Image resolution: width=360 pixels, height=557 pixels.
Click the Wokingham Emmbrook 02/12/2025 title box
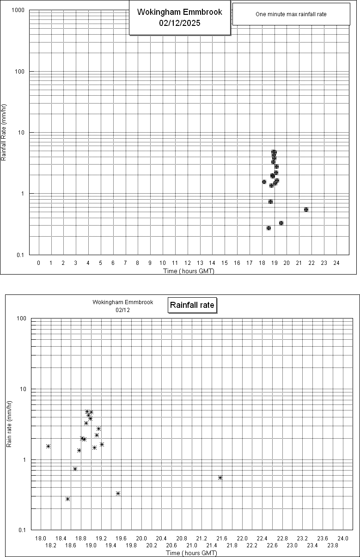(x=179, y=18)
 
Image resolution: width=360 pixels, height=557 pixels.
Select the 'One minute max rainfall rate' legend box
(x=291, y=14)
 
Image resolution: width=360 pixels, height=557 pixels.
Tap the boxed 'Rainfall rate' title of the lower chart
(x=192, y=305)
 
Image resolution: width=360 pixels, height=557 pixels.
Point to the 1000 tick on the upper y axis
(x=18, y=10)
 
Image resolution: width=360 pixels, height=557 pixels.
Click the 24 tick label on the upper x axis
(x=336, y=263)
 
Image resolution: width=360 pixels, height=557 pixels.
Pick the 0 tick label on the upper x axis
(x=38, y=263)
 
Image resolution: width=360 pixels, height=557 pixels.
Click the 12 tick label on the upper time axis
(x=188, y=263)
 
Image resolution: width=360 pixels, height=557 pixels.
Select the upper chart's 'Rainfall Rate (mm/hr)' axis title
(x=4, y=132)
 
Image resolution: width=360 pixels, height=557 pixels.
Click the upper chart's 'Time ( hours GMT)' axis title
(x=189, y=271)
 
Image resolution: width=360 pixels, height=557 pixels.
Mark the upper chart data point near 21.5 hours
(x=306, y=209)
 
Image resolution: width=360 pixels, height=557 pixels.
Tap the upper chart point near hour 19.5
(x=281, y=223)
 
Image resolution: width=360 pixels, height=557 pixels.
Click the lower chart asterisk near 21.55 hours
(x=220, y=477)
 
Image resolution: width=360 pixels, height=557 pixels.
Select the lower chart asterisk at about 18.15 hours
(x=48, y=446)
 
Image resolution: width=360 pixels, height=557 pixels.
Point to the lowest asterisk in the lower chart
(x=67, y=499)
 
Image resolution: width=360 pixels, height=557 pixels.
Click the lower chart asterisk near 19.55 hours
(x=118, y=493)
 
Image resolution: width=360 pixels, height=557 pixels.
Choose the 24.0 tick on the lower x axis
(x=343, y=539)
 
